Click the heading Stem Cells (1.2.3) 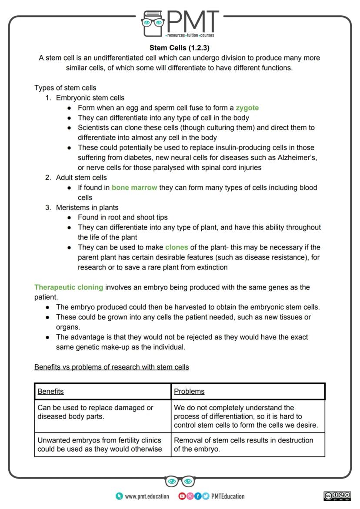click(180, 48)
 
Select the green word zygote click(247, 108)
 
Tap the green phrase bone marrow click(134, 188)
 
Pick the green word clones click(177, 247)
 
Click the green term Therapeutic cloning click(69, 287)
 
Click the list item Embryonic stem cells click(90, 98)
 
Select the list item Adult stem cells click(81, 177)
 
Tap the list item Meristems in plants click(87, 207)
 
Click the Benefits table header click(50, 391)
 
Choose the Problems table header click(189, 391)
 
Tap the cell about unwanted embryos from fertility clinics click(103, 445)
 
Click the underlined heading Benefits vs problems click(112, 367)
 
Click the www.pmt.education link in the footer click(147, 496)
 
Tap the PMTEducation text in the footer click(228, 496)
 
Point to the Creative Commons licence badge click(337, 496)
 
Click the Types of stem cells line click(65, 88)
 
